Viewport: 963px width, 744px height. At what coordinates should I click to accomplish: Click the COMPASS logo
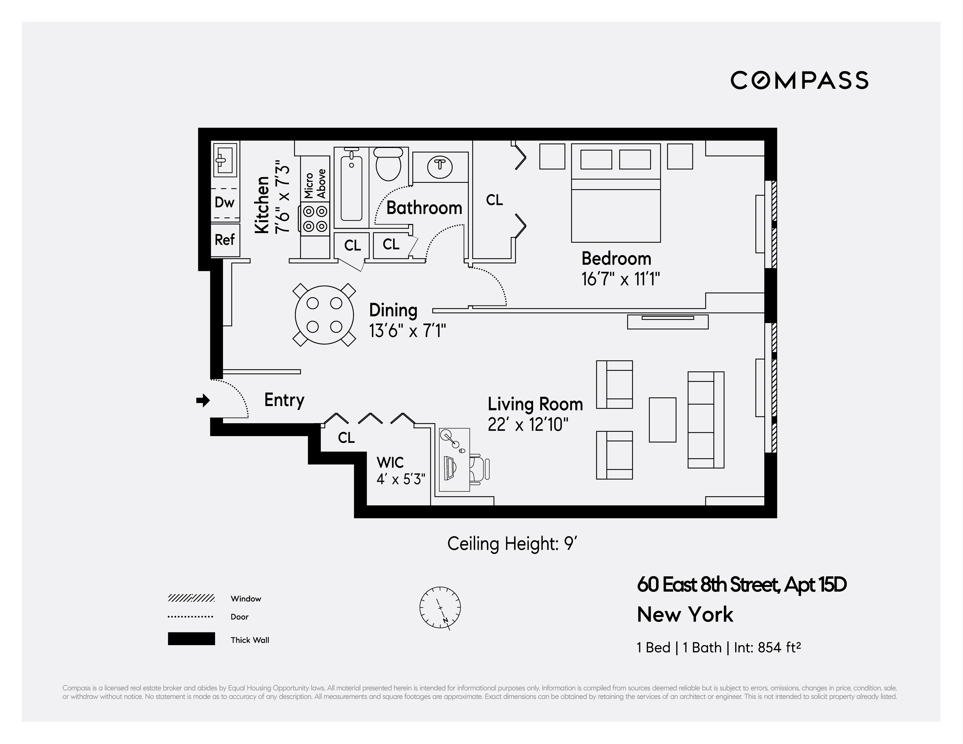(x=799, y=80)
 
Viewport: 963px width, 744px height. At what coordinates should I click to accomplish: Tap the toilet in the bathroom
(x=388, y=164)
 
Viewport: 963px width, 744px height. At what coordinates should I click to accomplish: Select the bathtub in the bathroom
(x=351, y=187)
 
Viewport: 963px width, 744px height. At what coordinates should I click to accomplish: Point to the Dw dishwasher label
(x=224, y=202)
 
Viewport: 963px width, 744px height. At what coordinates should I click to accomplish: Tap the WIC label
(x=390, y=462)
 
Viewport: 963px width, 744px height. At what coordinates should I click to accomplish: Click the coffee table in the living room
(x=662, y=420)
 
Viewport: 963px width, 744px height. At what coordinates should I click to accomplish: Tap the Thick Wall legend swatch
(x=191, y=639)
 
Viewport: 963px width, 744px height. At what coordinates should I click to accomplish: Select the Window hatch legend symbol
(x=191, y=598)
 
